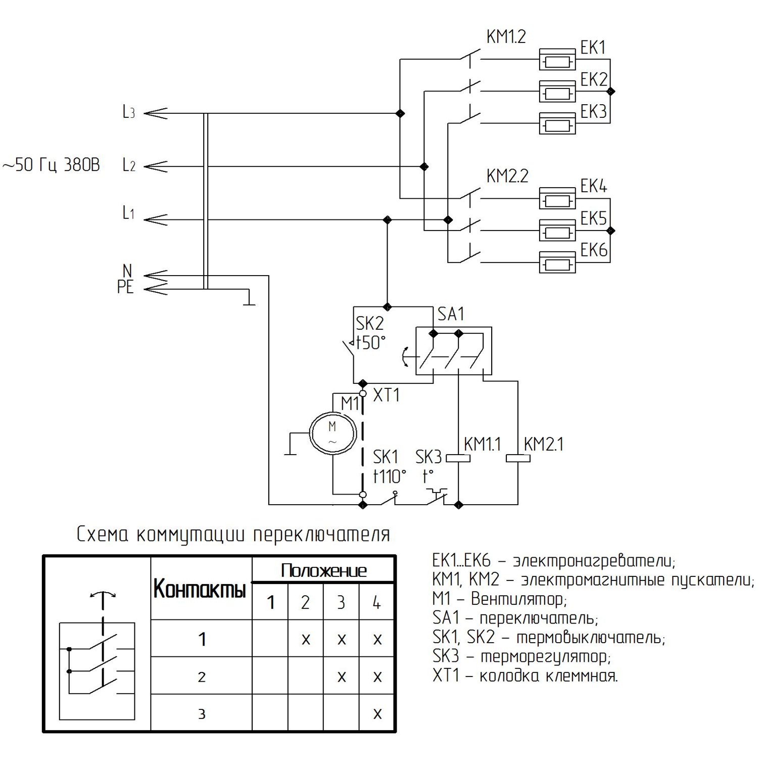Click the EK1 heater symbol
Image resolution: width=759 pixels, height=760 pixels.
[557, 60]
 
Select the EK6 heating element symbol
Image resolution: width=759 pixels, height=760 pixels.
[557, 262]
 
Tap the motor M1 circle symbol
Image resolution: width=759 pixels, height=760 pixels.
[333, 433]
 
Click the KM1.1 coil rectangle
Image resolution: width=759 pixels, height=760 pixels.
[459, 459]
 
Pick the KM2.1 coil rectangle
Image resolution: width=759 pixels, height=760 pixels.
[518, 459]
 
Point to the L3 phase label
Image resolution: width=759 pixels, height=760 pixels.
[129, 112]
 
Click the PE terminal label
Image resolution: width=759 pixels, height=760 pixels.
[125, 288]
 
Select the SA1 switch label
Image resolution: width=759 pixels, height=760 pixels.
[451, 314]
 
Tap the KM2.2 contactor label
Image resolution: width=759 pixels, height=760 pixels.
[507, 176]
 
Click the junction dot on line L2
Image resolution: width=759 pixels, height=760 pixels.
[424, 166]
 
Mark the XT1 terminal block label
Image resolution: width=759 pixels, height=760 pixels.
[386, 395]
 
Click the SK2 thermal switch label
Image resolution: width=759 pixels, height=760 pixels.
[369, 323]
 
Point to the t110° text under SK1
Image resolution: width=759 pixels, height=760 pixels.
[390, 476]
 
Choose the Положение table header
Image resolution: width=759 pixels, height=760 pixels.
[323, 571]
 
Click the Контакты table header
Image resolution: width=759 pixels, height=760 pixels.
[200, 589]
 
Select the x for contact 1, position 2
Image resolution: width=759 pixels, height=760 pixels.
[306, 640]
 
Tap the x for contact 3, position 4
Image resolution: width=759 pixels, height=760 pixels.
[377, 713]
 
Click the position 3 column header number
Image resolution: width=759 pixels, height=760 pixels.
[341, 602]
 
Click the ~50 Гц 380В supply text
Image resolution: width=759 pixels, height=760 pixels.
[52, 165]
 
